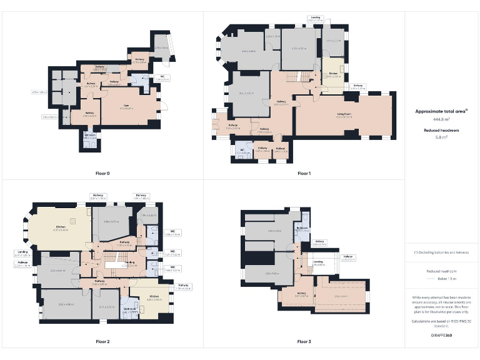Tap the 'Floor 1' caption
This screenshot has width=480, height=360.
tap(304, 173)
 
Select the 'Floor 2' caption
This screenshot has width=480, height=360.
tap(102, 342)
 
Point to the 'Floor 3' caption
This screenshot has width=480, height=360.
tap(304, 342)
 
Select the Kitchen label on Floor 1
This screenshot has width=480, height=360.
tap(333, 74)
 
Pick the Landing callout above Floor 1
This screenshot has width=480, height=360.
tap(316, 19)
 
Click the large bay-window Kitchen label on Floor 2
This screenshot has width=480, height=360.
tap(61, 228)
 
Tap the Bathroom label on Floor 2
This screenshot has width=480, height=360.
tap(130, 309)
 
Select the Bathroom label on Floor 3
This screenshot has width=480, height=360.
tap(302, 229)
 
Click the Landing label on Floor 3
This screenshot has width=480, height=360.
tap(317, 263)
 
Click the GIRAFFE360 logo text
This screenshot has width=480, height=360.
tap(442, 335)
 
